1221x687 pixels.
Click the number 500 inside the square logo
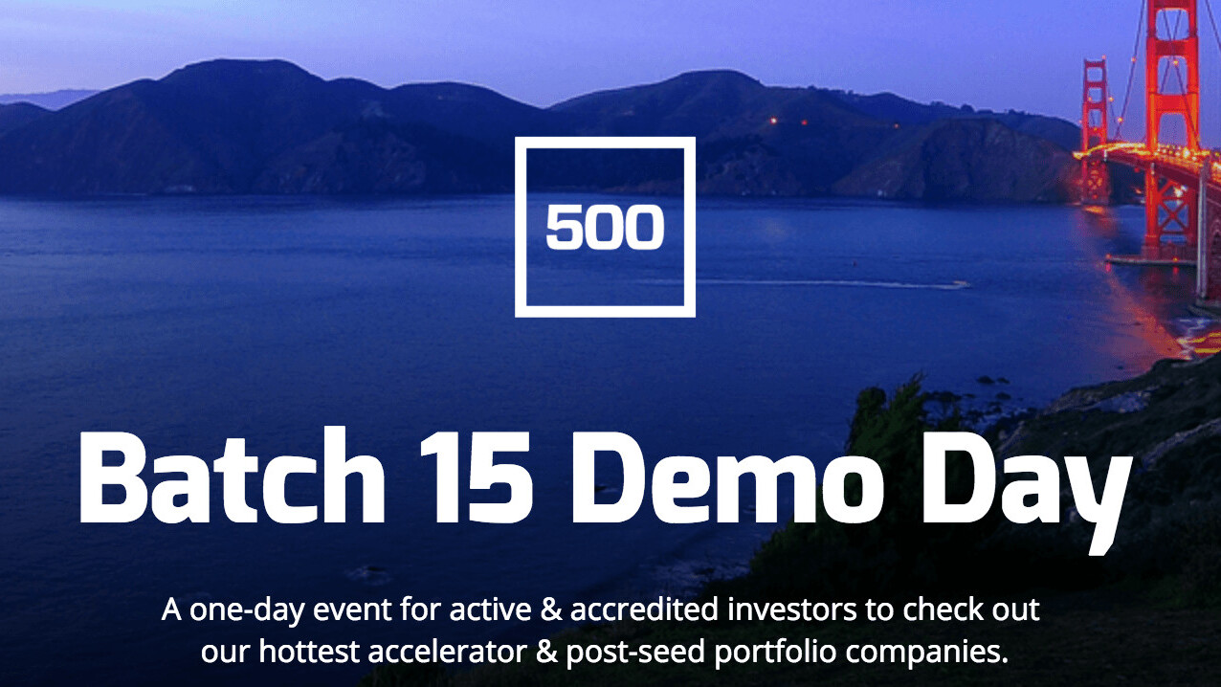click(605, 228)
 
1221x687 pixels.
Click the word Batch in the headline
click(233, 476)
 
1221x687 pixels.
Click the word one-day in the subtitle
click(247, 610)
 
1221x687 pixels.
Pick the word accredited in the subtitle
click(644, 609)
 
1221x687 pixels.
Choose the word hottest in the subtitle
click(308, 652)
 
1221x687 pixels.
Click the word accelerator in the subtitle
click(448, 652)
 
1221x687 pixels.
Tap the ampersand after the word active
click(551, 609)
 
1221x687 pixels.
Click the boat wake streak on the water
click(834, 284)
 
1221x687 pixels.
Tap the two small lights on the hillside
click(788, 122)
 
